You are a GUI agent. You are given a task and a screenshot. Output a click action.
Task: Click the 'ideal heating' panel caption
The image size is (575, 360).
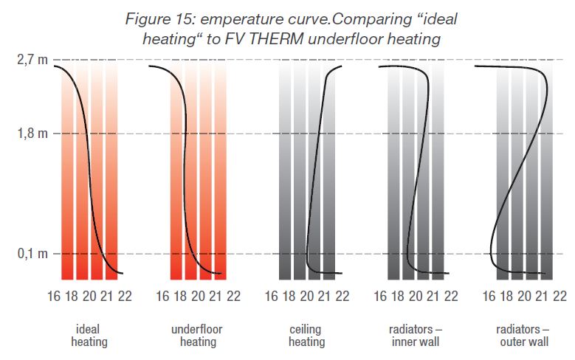(89, 336)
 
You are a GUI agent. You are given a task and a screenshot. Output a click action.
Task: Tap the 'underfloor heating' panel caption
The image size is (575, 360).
(197, 336)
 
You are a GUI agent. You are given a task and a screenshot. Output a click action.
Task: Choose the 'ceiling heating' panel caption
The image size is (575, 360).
(306, 336)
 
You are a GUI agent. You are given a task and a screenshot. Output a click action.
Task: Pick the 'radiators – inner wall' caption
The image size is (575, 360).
(415, 336)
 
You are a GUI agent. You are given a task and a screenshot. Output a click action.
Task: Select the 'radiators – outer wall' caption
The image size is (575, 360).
(524, 336)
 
